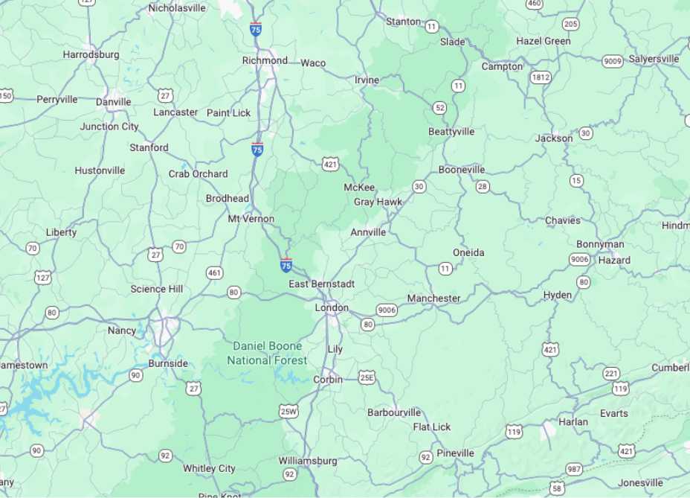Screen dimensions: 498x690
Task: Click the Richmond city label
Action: pos(265,60)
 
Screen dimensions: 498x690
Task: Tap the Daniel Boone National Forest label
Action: pos(267,353)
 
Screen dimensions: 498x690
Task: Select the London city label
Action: pos(332,307)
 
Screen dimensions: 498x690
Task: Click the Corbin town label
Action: pos(328,379)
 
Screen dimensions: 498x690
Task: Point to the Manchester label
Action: pos(433,298)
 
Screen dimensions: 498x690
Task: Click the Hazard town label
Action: pos(614,260)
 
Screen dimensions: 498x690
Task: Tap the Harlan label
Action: pos(573,421)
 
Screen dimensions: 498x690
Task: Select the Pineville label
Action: pos(455,453)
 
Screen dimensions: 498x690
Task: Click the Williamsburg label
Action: pos(308,461)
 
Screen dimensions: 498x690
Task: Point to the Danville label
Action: pos(113,102)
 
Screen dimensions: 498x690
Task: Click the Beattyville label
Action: pos(451,132)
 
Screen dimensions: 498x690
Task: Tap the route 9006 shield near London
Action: pos(387,310)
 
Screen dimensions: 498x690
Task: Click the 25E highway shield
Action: pos(367,377)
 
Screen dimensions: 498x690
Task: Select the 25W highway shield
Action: pos(288,411)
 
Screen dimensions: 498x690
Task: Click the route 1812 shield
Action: pos(541,77)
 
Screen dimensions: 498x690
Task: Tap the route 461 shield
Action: pos(215,273)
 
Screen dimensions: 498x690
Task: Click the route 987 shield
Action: pos(573,468)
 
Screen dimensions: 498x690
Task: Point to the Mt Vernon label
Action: pos(251,219)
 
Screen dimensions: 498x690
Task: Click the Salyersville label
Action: pos(654,59)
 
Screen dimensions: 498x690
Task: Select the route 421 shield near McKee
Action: pos(331,163)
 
